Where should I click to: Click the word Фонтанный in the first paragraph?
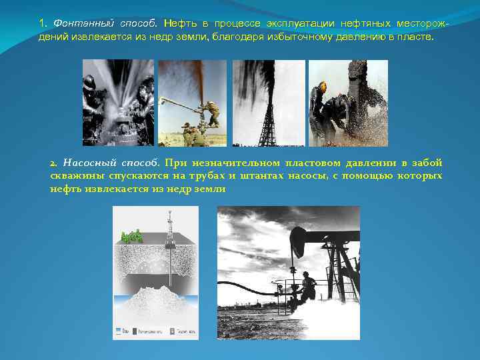[x=74, y=23]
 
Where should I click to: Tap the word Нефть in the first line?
[x=180, y=23]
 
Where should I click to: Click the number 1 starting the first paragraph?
[x=41, y=23]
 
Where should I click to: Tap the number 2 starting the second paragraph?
[x=53, y=163]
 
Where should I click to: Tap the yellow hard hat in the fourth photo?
[x=323, y=86]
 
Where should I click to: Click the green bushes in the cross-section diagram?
[x=132, y=235]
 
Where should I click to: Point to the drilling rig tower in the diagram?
[x=171, y=227]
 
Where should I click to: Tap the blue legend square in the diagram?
[x=118, y=330]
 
